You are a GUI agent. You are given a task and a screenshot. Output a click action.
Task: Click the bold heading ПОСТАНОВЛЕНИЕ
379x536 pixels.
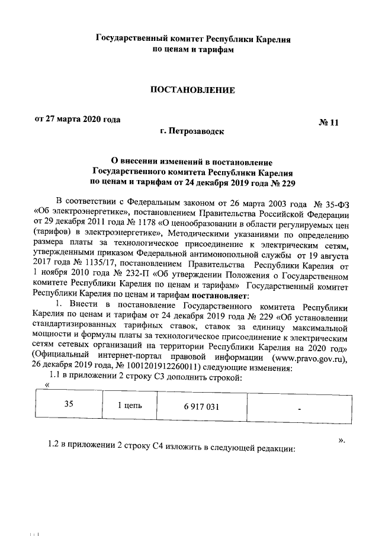click(192, 90)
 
